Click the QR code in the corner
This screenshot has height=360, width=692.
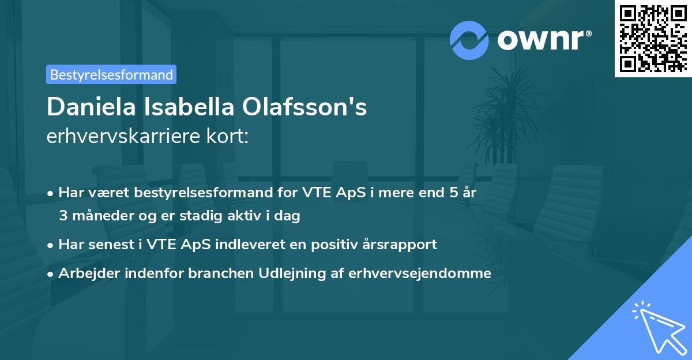coord(653,39)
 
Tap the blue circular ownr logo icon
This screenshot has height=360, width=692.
coord(469,40)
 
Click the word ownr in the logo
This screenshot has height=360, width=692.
coord(543,40)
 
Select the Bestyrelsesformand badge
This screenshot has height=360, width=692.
coord(111,74)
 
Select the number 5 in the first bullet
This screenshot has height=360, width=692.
coord(455,193)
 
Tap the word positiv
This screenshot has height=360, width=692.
coord(330,245)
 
